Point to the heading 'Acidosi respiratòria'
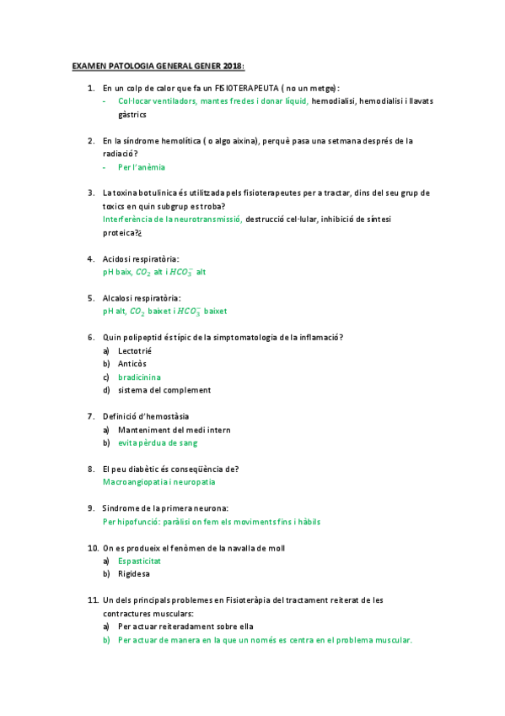(x=141, y=258)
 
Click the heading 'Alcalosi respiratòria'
(x=142, y=298)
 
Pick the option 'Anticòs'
(x=132, y=364)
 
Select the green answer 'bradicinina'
(x=140, y=377)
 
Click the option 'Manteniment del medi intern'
(x=175, y=430)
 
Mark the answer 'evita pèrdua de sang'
(x=158, y=442)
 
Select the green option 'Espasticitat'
(x=140, y=561)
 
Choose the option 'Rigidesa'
(x=135, y=574)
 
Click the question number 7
(x=90, y=416)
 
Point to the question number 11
(x=93, y=600)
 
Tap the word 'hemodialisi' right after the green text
(x=333, y=101)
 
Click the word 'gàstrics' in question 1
(x=132, y=114)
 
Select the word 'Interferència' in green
(x=127, y=220)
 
